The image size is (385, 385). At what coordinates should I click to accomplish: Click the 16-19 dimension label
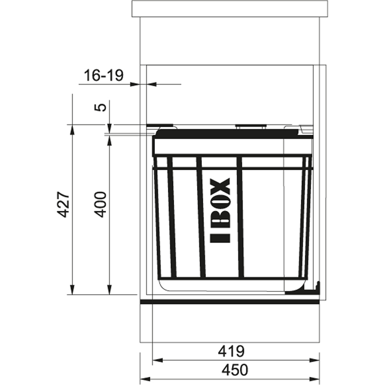point(103,75)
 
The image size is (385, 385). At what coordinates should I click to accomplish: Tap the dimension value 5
point(100,107)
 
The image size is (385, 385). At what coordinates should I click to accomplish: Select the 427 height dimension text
point(63,204)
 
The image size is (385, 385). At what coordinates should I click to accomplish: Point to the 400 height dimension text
point(100,204)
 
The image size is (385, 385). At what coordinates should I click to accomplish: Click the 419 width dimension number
point(231,351)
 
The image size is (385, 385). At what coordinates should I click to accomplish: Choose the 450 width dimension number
point(235,370)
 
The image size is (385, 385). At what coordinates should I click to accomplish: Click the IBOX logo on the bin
point(220,210)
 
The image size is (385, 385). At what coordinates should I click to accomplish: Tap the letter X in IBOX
point(220,186)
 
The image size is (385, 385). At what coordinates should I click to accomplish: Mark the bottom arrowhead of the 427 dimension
point(72,289)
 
